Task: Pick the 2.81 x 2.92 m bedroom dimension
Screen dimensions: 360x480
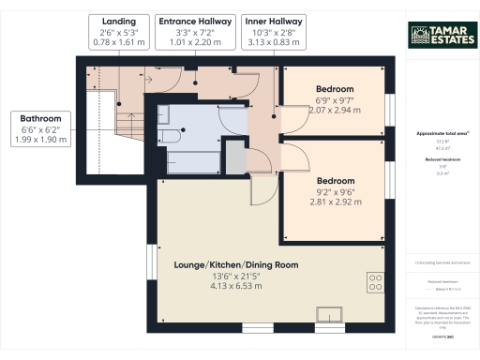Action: [x=334, y=201]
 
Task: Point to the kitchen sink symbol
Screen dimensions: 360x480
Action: [x=331, y=314]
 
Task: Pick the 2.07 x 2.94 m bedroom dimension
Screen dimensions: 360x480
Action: [x=334, y=110]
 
